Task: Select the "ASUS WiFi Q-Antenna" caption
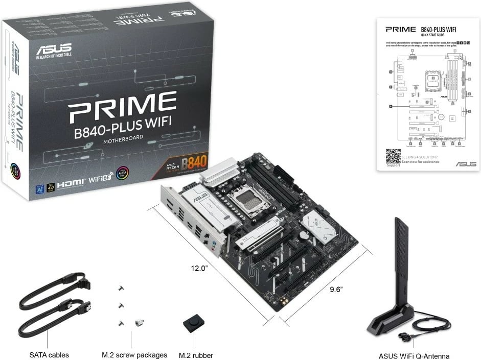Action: click(414, 356)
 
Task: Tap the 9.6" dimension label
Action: click(335, 289)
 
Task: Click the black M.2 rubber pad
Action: click(193, 324)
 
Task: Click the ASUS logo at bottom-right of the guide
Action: click(466, 164)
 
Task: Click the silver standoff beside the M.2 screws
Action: click(138, 322)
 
